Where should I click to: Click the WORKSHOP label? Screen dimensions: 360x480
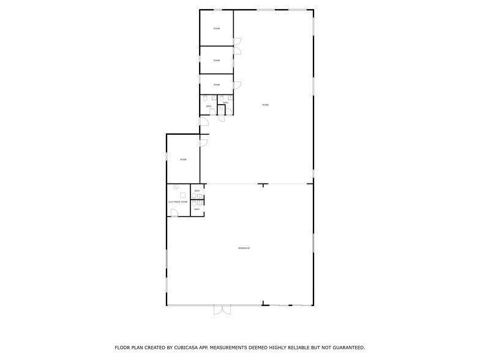click(244, 248)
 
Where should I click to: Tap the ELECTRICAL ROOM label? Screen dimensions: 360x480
click(178, 201)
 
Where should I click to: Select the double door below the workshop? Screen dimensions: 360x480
click(221, 310)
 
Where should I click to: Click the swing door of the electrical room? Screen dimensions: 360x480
click(174, 212)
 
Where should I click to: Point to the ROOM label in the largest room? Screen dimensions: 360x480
click(265, 105)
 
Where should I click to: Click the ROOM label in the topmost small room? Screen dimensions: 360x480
click(217, 29)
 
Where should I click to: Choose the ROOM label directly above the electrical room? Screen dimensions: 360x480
click(183, 159)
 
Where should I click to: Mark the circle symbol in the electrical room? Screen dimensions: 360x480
click(176, 187)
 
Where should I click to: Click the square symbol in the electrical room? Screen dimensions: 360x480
click(182, 195)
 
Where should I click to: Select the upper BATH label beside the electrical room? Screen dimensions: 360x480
click(197, 191)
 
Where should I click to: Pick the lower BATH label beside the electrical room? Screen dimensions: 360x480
click(197, 209)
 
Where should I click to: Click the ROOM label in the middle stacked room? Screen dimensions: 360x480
click(217, 60)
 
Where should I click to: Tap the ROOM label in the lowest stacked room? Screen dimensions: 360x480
click(217, 84)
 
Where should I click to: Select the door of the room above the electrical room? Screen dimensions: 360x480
click(204, 143)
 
